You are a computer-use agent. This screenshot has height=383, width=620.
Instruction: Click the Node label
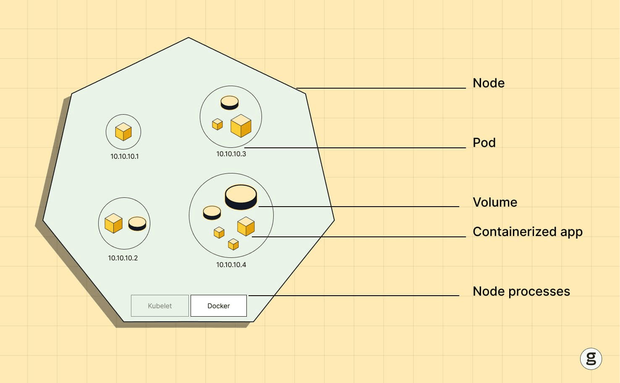tap(489, 83)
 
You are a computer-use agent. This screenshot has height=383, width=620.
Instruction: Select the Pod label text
tap(484, 143)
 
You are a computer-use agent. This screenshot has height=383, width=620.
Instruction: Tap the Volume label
tap(495, 202)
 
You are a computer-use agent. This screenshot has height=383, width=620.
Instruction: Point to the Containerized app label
tap(527, 232)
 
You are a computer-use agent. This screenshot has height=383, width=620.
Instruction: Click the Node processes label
tap(521, 291)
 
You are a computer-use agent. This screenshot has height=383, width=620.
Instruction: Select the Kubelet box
tap(160, 306)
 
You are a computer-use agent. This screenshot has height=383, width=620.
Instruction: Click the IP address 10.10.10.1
tap(124, 157)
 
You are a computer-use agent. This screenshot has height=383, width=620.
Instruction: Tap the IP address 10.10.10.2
tap(123, 258)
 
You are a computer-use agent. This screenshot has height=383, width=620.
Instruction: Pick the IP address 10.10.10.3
tap(231, 154)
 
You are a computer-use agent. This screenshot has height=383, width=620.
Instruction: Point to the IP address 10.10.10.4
tap(231, 265)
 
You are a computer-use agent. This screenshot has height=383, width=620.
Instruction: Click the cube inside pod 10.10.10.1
tap(123, 132)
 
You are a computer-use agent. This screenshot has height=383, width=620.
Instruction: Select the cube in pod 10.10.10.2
tap(113, 223)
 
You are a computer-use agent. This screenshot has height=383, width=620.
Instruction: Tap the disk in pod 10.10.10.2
tap(137, 223)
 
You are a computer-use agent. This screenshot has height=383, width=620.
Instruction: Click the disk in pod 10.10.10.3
tap(230, 102)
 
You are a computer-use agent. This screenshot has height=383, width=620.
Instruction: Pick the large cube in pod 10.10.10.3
tap(241, 126)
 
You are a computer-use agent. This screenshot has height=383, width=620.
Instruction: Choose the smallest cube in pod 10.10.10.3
tap(217, 124)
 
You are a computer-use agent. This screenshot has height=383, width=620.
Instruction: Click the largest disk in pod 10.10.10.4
tap(241, 197)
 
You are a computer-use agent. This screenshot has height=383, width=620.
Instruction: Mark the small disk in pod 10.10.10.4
tap(212, 212)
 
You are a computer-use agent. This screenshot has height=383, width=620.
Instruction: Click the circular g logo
tap(591, 359)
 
